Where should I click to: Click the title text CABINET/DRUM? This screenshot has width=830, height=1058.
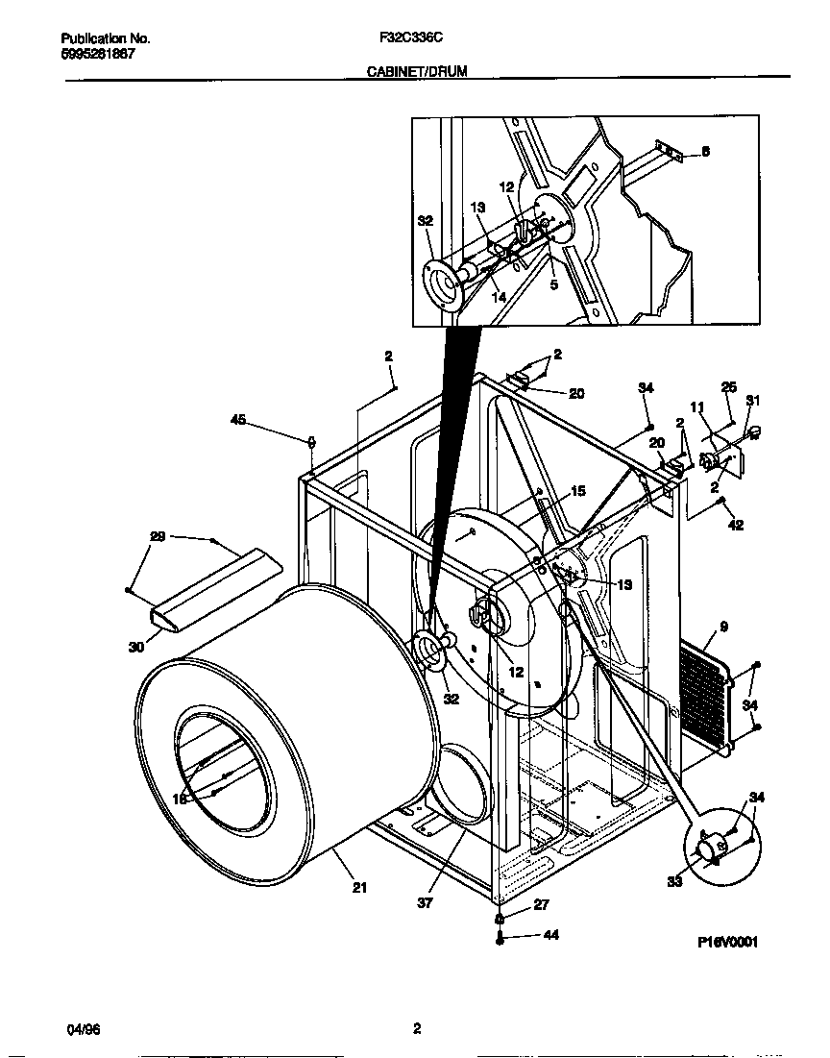[x=417, y=72]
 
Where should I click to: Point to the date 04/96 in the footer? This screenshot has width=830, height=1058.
[x=84, y=1029]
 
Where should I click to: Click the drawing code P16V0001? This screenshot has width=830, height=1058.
[x=727, y=943]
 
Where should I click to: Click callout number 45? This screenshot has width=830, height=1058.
[x=238, y=419]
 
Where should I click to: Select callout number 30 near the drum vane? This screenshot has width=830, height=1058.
[x=135, y=647]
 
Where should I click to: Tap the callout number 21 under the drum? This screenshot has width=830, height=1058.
[x=359, y=888]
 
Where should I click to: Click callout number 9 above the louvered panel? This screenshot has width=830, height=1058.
[x=722, y=627]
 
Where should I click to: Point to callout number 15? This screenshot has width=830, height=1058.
[x=577, y=491]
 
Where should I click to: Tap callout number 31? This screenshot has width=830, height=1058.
[x=752, y=401]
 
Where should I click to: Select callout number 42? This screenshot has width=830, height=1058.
[x=736, y=526]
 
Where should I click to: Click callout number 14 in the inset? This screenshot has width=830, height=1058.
[x=498, y=297]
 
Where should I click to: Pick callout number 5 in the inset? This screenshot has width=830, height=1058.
[x=554, y=284]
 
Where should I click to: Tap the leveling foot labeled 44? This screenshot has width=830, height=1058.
[x=500, y=937]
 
